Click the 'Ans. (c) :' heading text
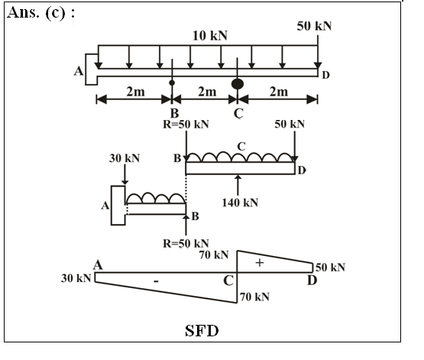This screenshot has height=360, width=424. pyautogui.click(x=40, y=13)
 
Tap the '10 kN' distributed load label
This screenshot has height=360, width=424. pyautogui.click(x=210, y=36)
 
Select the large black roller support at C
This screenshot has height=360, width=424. pyautogui.click(x=238, y=84)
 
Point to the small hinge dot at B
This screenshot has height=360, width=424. pyautogui.click(x=172, y=83)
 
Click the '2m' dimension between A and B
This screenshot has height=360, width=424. pyautogui.click(x=135, y=92)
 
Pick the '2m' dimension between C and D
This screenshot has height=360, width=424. pyautogui.click(x=279, y=92)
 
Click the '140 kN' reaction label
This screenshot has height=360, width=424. pyautogui.click(x=240, y=203)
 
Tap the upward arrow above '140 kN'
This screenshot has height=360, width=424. pyautogui.click(x=238, y=185)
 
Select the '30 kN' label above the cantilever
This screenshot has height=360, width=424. pyautogui.click(x=125, y=158)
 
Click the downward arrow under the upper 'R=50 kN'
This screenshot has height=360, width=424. pyautogui.click(x=186, y=146)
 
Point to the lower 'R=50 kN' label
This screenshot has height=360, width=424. pyautogui.click(x=186, y=243)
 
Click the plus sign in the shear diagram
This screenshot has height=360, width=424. pyautogui.click(x=260, y=263)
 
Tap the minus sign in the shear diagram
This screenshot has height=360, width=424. pyautogui.click(x=156, y=281)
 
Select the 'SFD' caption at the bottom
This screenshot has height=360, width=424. pyautogui.click(x=202, y=330)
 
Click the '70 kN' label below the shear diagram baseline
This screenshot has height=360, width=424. pyautogui.click(x=254, y=297)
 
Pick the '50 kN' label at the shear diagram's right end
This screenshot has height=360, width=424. pyautogui.click(x=331, y=268)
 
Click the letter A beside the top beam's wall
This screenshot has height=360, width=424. pyautogui.click(x=79, y=71)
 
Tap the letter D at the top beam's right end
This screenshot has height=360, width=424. pyautogui.click(x=326, y=75)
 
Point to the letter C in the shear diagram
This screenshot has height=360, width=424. pyautogui.click(x=228, y=281)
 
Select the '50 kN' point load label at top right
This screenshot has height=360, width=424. pyautogui.click(x=314, y=26)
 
